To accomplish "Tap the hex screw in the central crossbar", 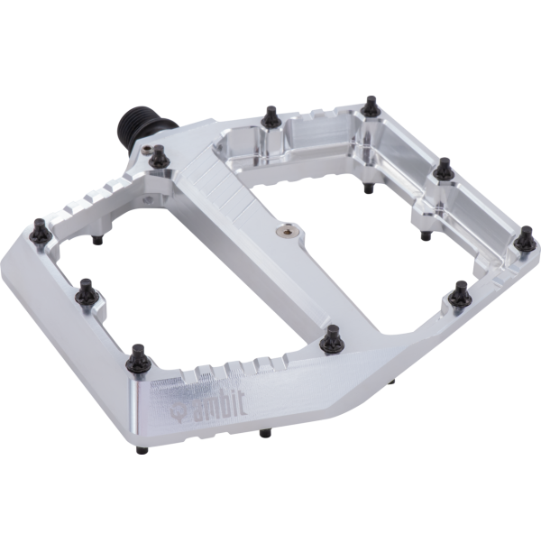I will (286, 232).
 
